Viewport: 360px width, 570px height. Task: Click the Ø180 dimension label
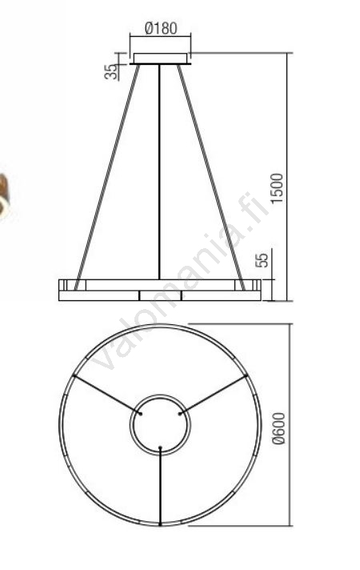pyautogui.click(x=161, y=28)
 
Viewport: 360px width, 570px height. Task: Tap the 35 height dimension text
pyautogui.click(x=111, y=71)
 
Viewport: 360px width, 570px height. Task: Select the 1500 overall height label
pyautogui.click(x=277, y=188)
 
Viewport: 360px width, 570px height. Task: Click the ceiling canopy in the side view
pyautogui.click(x=161, y=59)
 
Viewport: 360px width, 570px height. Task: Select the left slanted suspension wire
pyautogui.click(x=107, y=178)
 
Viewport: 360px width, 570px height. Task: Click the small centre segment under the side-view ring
pyautogui.click(x=160, y=295)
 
